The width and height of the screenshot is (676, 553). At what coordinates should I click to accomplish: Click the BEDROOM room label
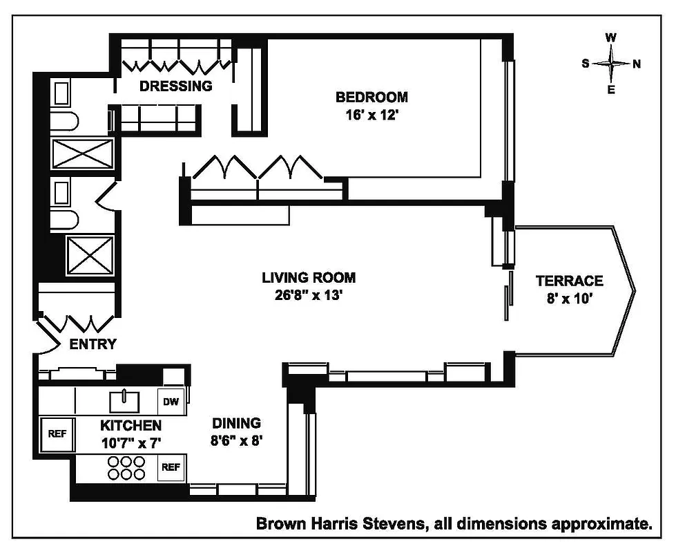coord(371,97)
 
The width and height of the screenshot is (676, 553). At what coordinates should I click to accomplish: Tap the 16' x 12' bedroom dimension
coord(371,115)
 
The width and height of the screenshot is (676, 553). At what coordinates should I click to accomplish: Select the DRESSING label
coord(175,86)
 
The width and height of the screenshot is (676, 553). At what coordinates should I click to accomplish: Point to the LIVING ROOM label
coord(309,278)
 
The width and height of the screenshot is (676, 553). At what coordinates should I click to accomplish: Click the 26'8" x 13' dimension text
coord(309,296)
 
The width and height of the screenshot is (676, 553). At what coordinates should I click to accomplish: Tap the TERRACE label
coord(569,281)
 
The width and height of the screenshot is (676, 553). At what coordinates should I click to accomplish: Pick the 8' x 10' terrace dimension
coord(569,299)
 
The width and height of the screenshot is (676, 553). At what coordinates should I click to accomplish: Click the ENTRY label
coord(93,344)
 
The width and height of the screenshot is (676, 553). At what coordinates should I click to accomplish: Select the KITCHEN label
coord(131,425)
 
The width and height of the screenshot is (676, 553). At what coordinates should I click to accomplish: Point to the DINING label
coord(236,423)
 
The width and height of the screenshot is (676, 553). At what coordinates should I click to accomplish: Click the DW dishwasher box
coord(171,402)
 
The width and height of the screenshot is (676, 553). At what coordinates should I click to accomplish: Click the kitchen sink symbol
coord(125,400)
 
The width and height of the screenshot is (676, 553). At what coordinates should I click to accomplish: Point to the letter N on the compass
coord(636,64)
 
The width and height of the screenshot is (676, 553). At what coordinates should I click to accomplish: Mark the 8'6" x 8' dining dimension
coord(236,440)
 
